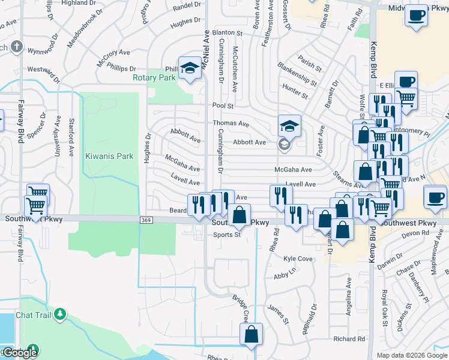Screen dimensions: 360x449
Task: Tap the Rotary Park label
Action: tap(154, 77)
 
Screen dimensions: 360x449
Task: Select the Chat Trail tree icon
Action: tap(59, 314)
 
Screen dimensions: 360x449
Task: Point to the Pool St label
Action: tap(222, 106)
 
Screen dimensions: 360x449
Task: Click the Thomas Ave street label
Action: tap(231, 124)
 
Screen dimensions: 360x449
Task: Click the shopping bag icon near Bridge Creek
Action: tap(252, 334)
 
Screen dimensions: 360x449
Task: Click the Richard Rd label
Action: tap(350, 339)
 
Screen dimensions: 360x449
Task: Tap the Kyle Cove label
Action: tap(298, 259)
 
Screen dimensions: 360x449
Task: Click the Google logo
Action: tap(19, 353)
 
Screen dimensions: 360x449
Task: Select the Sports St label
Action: tap(227, 235)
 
